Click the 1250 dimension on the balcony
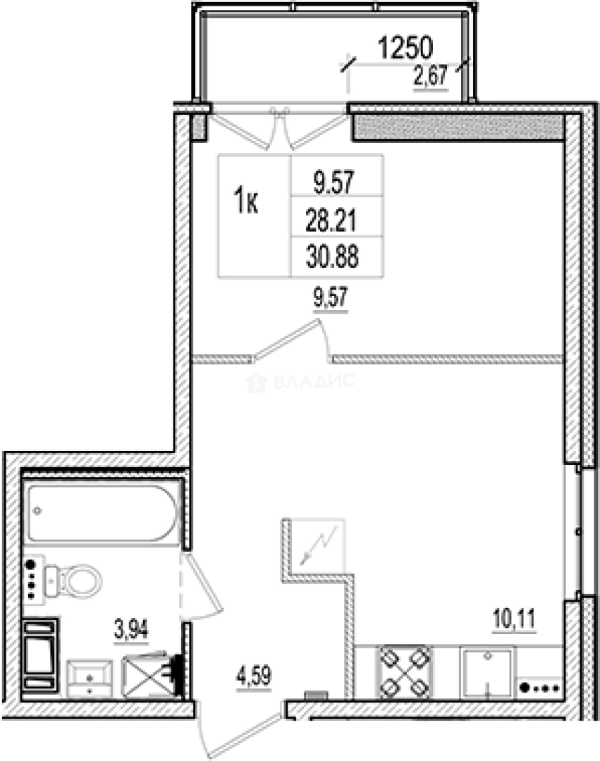click(405, 48)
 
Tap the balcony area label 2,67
click(430, 75)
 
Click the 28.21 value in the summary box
click(331, 220)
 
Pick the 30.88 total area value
click(332, 256)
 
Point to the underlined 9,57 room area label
click(331, 297)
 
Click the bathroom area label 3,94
click(131, 629)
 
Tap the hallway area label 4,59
click(254, 676)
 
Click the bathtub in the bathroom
click(102, 512)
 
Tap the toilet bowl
click(73, 581)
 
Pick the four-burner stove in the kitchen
click(404, 672)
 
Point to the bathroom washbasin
click(90, 678)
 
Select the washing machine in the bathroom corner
click(39, 656)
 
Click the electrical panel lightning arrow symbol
click(319, 545)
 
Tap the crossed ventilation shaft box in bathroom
click(147, 676)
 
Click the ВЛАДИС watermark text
click(301, 382)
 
